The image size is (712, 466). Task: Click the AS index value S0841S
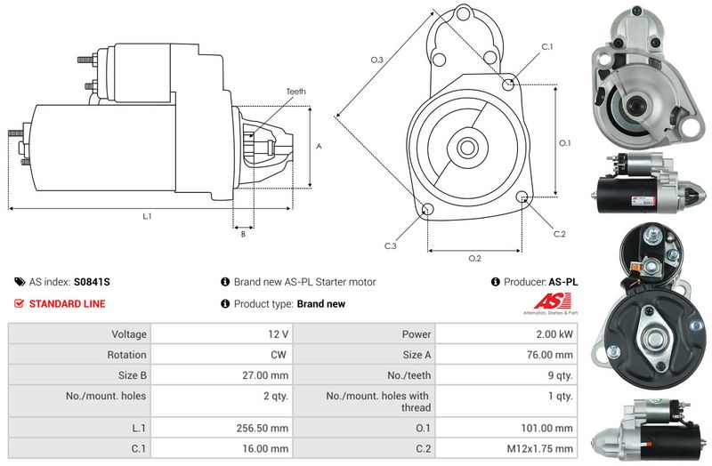pyautogui.click(x=93, y=282)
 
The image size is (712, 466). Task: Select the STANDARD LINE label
pyautogui.click(x=67, y=304)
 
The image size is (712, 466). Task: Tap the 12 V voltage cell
pyautogui.click(x=279, y=334)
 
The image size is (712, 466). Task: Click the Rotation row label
pyautogui.click(x=128, y=355)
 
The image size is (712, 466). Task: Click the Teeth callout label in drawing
pyautogui.click(x=295, y=92)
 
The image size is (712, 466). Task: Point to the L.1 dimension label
pyautogui.click(x=146, y=216)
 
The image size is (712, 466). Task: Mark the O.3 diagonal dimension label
pyautogui.click(x=377, y=60)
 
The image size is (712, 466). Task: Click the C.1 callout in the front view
pyautogui.click(x=547, y=46)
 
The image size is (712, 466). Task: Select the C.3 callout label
pyautogui.click(x=390, y=245)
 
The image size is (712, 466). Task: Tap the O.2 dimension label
pyautogui.click(x=474, y=259)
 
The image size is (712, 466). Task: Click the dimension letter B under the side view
pyautogui.click(x=243, y=234)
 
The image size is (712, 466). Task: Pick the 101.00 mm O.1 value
pyautogui.click(x=546, y=428)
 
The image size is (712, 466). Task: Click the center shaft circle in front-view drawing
pyautogui.click(x=465, y=146)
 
